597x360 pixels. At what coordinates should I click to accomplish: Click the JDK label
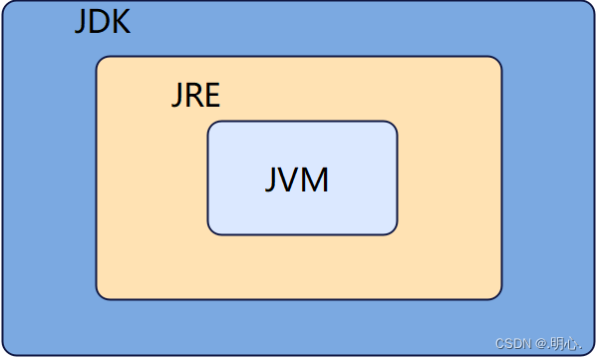[102, 22]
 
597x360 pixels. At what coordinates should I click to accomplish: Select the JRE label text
[195, 98]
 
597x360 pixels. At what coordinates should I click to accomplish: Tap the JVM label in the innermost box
[297, 180]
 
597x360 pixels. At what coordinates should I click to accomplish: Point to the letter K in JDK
[120, 22]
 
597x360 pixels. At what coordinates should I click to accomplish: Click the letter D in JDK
[98, 22]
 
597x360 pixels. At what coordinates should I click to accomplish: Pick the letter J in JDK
[81, 23]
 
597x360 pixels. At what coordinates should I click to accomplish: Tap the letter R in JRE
[194, 98]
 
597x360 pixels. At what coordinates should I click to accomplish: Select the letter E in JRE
[211, 98]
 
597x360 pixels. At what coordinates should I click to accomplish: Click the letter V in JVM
[293, 180]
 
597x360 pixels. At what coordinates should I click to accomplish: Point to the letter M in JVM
[316, 180]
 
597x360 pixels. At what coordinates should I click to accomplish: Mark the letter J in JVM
[273, 180]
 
